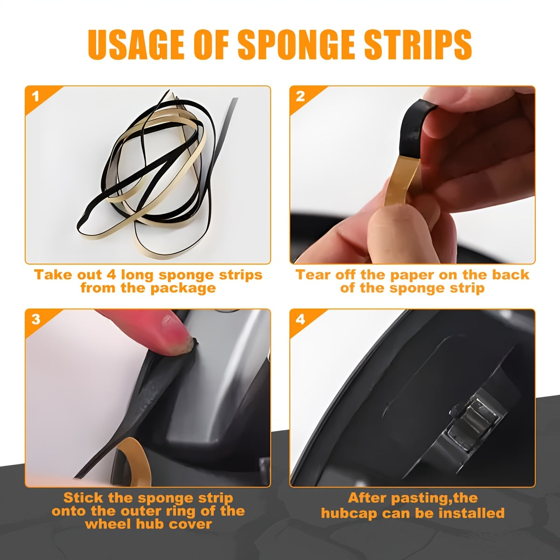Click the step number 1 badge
(x=36, y=97)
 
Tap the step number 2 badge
(x=301, y=97)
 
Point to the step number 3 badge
(x=36, y=320)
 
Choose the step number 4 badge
(x=301, y=320)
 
